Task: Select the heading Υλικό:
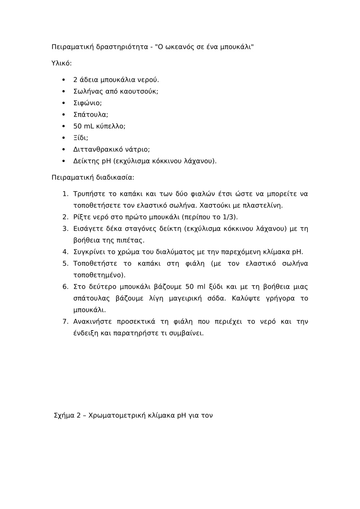[62, 63]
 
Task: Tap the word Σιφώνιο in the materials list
[87, 103]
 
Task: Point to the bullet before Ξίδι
[63, 138]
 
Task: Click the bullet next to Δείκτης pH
[63, 161]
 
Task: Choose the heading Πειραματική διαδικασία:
[93, 177]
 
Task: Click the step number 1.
[65, 194]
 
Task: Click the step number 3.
[65, 229]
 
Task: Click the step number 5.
[65, 263]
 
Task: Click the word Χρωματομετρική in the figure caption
[117, 415]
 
